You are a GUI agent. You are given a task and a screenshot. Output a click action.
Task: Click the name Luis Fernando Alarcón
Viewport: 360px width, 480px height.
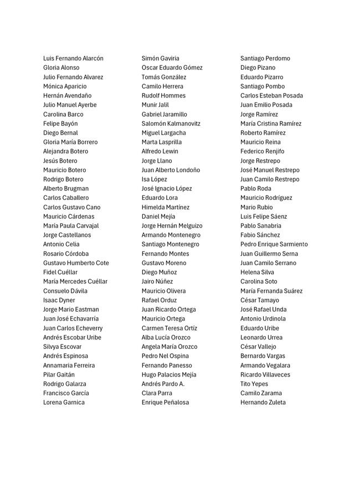click(73, 58)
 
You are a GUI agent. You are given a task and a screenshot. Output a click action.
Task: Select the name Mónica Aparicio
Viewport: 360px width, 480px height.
click(65, 86)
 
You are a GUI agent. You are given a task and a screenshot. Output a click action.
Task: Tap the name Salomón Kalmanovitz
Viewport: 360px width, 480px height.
click(171, 123)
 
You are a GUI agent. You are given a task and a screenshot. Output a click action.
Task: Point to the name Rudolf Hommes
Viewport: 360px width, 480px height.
click(163, 95)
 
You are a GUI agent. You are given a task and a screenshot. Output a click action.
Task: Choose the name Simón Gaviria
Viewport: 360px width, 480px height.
click(161, 58)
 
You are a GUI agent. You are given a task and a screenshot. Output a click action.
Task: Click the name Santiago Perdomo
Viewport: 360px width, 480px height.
click(265, 58)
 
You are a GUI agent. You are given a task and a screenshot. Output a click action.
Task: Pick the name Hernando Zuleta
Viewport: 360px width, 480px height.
click(263, 402)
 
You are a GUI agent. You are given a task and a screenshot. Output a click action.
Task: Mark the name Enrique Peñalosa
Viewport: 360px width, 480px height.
click(165, 402)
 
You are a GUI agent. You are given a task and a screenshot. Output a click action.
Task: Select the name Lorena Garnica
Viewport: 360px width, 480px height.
click(64, 402)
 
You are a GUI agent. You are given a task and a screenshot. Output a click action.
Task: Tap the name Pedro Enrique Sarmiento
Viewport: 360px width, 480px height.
click(274, 244)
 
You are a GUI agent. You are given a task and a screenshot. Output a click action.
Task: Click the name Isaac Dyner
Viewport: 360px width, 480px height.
click(59, 300)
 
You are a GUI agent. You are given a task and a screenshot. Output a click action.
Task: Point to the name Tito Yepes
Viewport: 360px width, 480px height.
click(254, 384)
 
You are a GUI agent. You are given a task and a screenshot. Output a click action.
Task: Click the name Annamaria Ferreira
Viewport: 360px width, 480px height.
click(69, 365)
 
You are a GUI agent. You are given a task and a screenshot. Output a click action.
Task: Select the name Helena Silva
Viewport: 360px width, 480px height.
click(257, 272)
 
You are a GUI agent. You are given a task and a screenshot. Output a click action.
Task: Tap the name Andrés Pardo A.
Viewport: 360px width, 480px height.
click(163, 384)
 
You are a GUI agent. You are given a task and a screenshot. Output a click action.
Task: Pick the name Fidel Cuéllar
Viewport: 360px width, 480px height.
click(60, 272)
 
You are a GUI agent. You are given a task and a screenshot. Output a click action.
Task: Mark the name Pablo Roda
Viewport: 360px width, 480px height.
click(256, 188)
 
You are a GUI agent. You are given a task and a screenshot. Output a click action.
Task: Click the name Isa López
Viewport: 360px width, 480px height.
click(154, 179)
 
